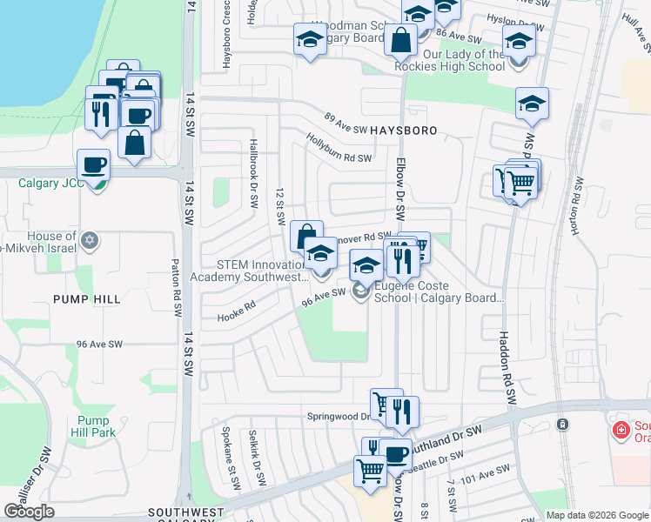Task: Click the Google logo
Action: pyautogui.click(x=30, y=512)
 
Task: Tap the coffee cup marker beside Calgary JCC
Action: pyautogui.click(x=94, y=164)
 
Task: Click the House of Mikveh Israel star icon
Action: pyautogui.click(x=88, y=239)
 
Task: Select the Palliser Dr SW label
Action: pyautogui.click(x=36, y=471)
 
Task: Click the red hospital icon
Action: pyautogui.click(x=621, y=429)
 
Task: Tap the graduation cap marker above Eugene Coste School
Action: pyautogui.click(x=366, y=264)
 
